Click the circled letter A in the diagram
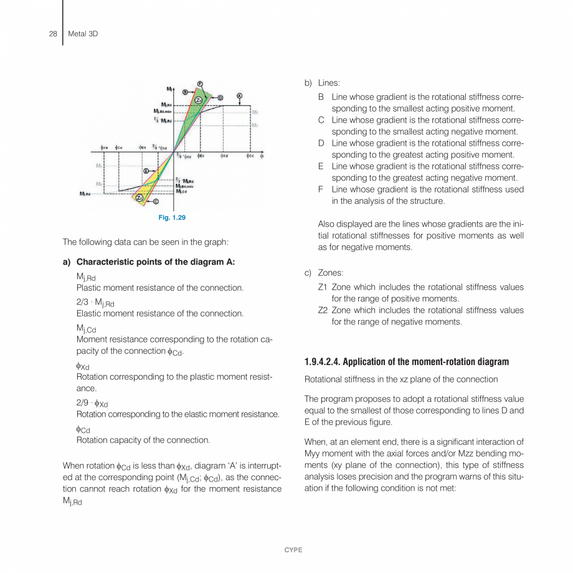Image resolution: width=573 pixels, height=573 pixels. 239,96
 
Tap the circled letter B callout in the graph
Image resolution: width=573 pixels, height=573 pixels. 185,92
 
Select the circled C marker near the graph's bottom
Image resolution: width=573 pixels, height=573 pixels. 156,201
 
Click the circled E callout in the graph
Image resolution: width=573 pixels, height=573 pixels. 146,170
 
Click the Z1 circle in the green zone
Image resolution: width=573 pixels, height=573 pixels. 198,100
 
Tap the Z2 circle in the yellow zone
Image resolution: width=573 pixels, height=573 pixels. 140,197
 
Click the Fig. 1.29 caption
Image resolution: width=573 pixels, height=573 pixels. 172,217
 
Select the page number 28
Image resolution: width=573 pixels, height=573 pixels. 53,34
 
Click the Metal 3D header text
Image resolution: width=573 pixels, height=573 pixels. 83,34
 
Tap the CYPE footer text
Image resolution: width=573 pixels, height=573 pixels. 293,550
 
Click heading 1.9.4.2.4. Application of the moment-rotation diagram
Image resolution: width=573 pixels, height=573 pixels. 406,362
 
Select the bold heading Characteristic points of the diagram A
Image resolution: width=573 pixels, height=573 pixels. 155,262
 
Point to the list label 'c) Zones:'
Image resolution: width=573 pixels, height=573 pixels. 324,273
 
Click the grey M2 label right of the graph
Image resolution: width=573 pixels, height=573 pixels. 255,125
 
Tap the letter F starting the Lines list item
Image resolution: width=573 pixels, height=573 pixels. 321,189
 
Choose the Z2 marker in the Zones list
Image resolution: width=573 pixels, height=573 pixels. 323,310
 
